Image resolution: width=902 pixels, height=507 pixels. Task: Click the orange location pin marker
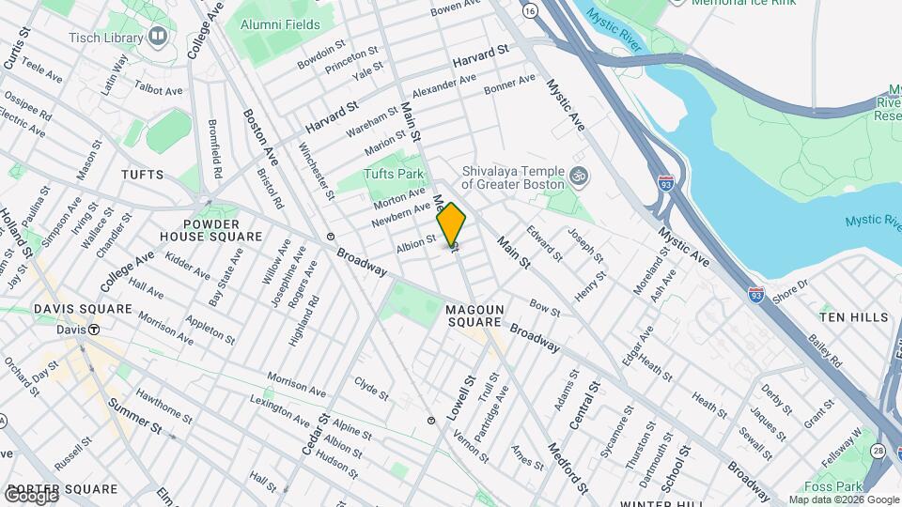[451, 225]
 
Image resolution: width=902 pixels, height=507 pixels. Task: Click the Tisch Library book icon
[158, 38]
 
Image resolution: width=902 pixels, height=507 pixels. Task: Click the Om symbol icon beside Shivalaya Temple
[580, 175]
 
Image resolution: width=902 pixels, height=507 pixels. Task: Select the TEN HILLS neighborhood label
[853, 317]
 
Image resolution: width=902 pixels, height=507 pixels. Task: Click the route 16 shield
[532, 10]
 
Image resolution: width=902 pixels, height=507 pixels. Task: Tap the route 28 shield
[877, 452]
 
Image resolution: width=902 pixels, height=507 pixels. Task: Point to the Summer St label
[136, 417]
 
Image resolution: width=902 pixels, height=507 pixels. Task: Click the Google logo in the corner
[30, 494]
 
